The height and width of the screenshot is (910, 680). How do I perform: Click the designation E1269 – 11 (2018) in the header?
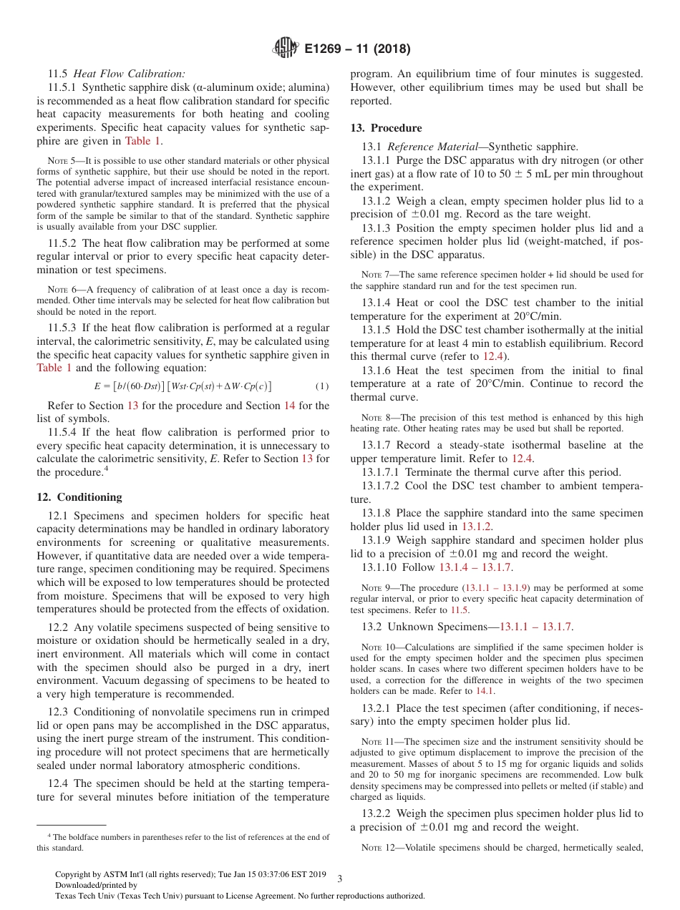click(357, 49)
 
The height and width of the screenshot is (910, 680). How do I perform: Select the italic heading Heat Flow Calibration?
click(130, 73)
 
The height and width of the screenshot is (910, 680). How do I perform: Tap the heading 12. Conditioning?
click(79, 497)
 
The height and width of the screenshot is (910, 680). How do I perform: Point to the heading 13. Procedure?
click(386, 128)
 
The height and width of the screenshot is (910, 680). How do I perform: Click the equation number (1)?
click(322, 386)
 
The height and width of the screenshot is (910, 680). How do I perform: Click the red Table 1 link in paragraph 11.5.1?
click(143, 141)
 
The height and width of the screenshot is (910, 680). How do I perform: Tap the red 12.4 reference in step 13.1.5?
click(493, 356)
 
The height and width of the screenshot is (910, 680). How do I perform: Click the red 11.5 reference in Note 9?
click(459, 610)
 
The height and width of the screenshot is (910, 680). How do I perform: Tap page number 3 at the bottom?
click(340, 879)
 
